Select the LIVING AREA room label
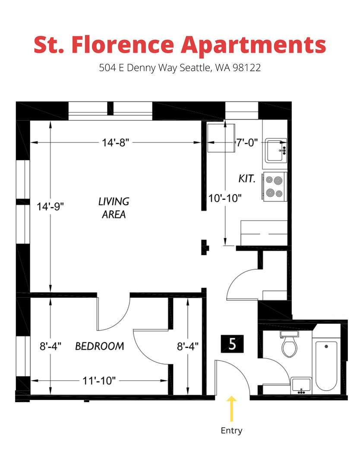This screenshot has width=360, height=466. point(114,208)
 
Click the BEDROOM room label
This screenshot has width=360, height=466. point(100,346)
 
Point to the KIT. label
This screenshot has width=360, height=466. point(247,179)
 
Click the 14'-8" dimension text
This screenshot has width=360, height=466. point(115,143)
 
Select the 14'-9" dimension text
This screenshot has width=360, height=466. point(50,206)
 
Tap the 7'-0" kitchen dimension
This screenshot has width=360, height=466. point(247,143)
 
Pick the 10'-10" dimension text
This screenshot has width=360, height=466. point(225,198)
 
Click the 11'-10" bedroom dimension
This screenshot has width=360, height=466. point(99,381)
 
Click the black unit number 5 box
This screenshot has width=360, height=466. point(232,344)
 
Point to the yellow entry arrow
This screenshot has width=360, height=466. point(231,409)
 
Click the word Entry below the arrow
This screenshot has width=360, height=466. point(231,430)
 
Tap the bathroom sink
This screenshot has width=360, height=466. point(301,385)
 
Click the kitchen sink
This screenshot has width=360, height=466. point(276,150)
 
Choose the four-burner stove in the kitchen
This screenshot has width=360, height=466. point(275,187)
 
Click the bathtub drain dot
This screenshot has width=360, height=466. point(326,346)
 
